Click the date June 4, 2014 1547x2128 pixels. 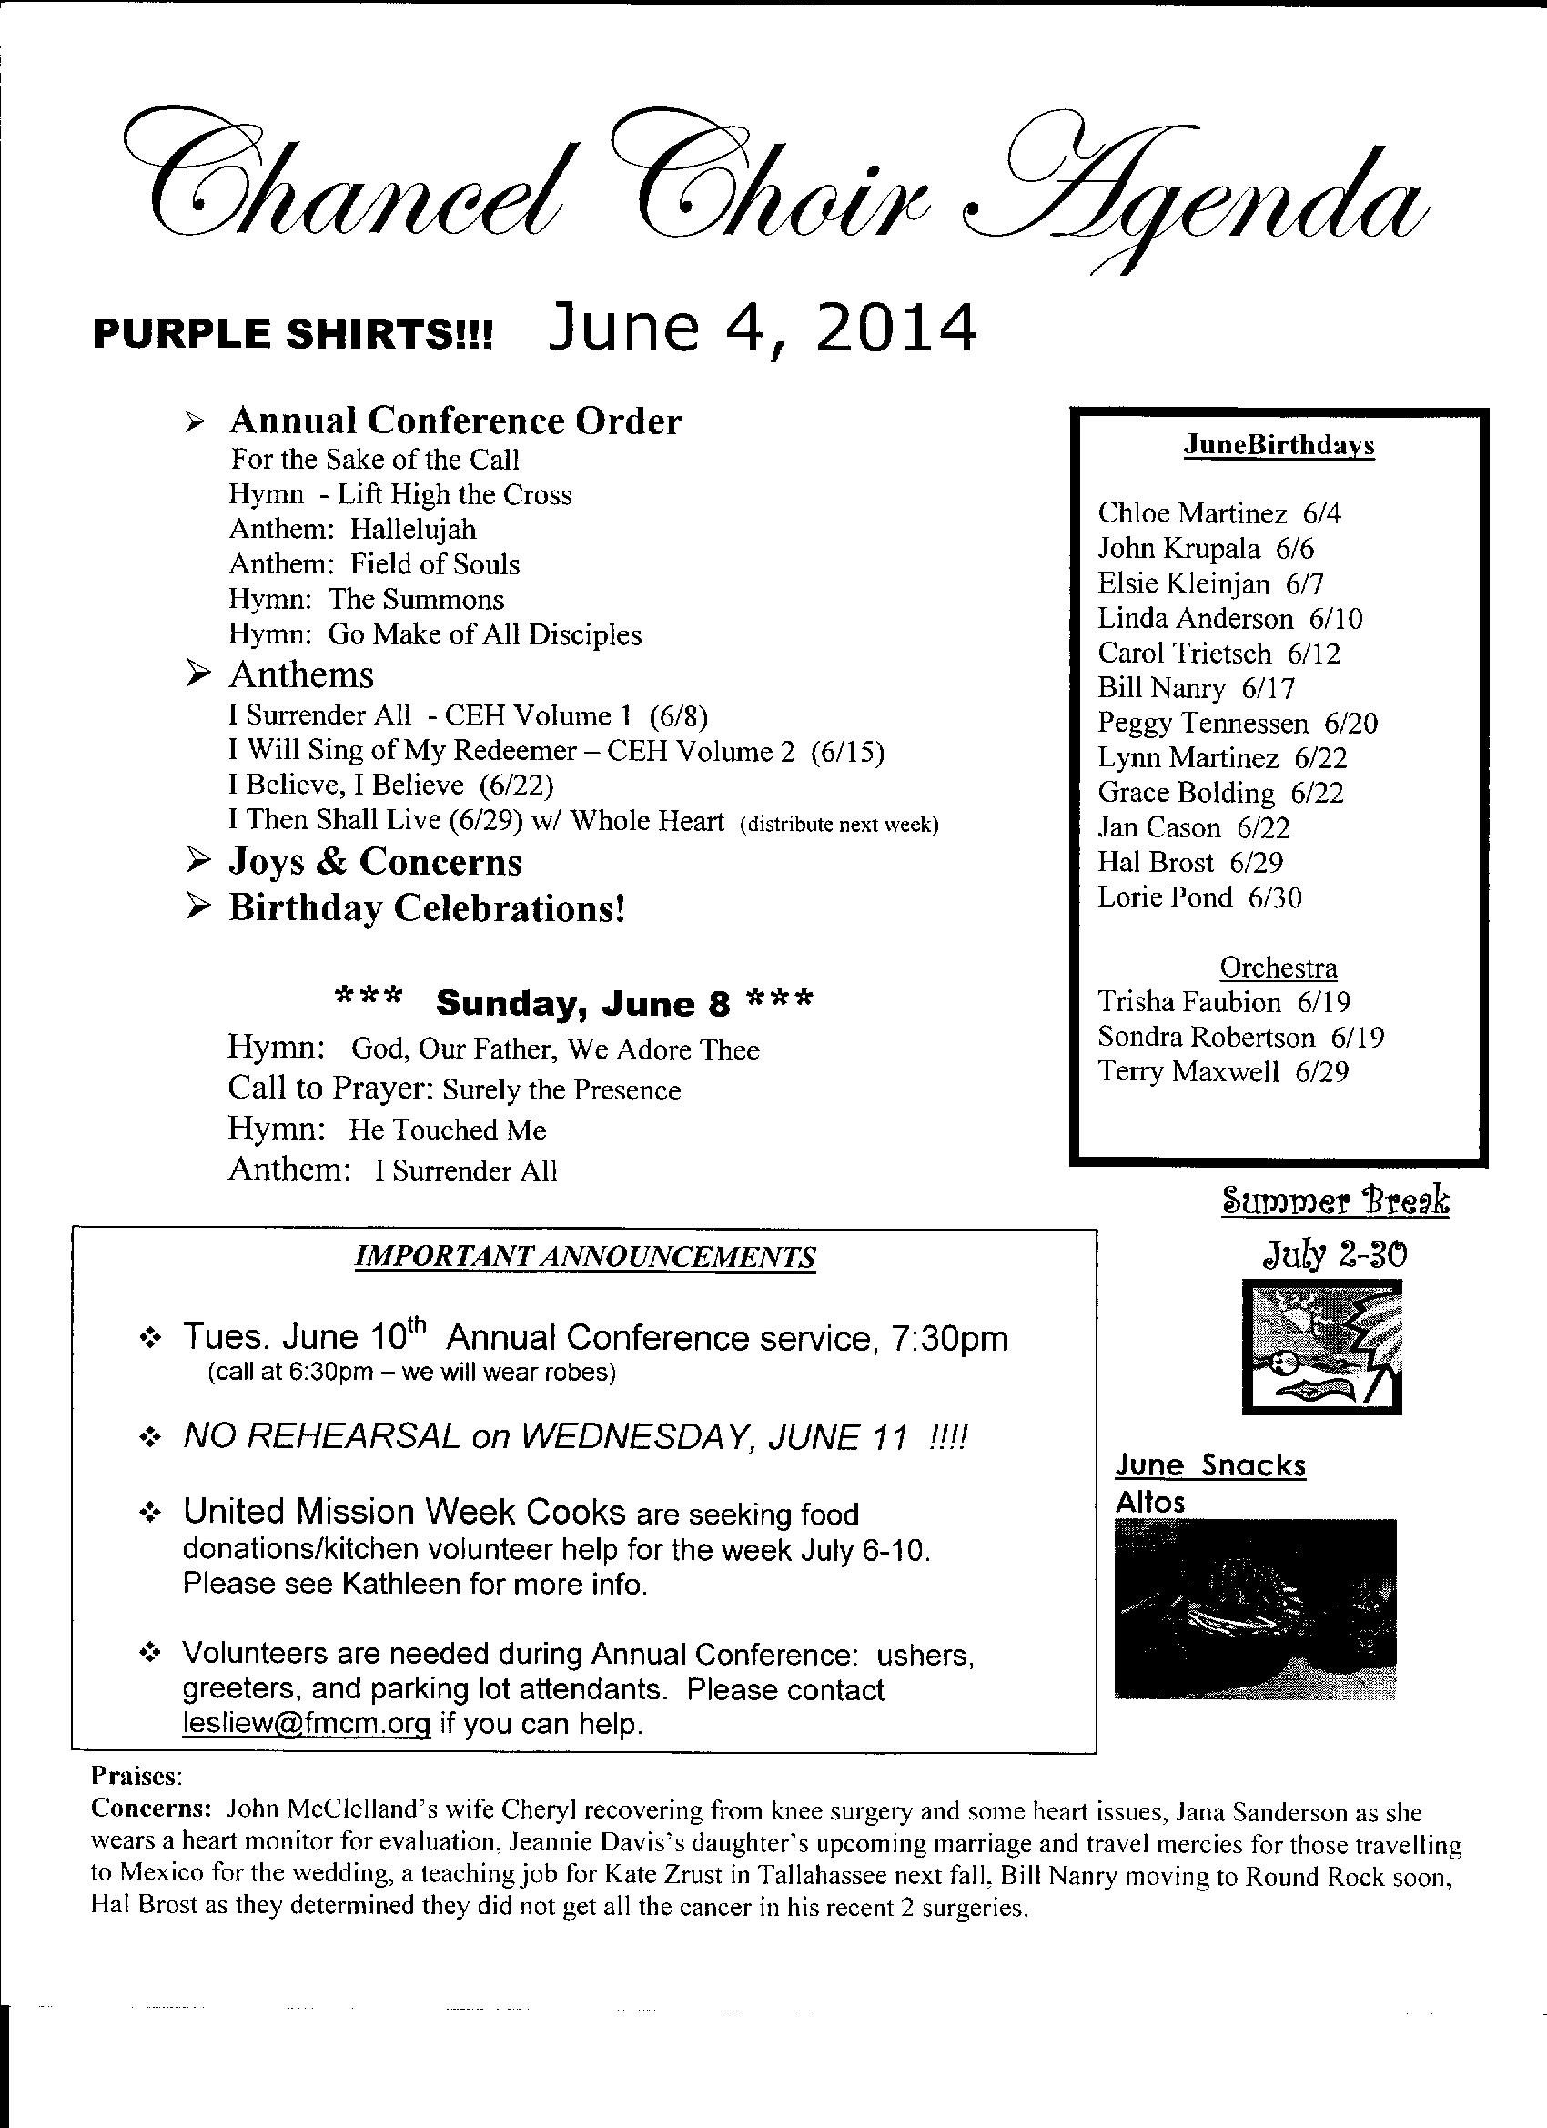click(762, 329)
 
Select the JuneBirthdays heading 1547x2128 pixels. click(1279, 445)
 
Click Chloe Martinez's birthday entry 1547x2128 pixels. click(1219, 513)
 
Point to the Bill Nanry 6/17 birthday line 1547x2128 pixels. click(1196, 689)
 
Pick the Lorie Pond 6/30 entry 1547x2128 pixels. click(1200, 898)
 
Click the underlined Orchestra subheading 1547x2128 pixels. click(1278, 968)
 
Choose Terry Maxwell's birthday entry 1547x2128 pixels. click(1223, 1071)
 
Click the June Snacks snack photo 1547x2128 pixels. click(1255, 1609)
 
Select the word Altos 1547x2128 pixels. click(1150, 1502)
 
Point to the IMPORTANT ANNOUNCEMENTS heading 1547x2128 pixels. click(585, 1257)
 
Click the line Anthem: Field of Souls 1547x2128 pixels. click(374, 564)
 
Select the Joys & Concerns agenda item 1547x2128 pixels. click(374, 862)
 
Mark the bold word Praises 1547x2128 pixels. click(133, 1776)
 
